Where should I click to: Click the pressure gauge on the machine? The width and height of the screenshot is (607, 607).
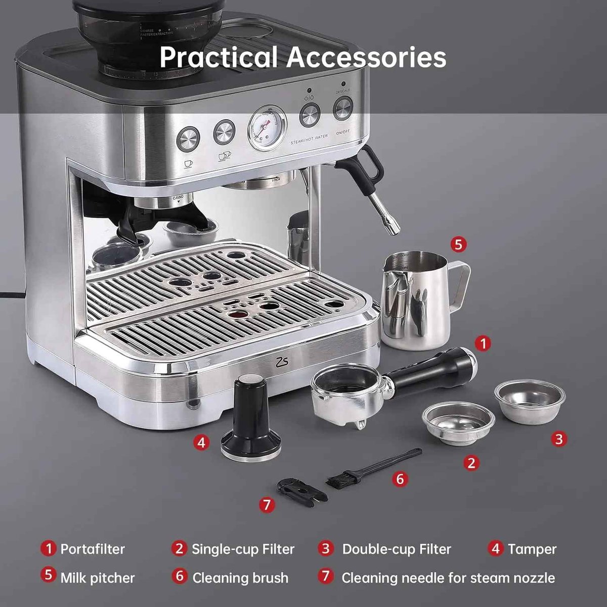tap(267, 128)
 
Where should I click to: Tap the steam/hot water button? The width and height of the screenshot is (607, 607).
tap(310, 115)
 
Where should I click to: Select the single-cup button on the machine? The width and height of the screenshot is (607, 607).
tap(188, 138)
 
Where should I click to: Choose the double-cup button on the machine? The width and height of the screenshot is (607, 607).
tap(224, 133)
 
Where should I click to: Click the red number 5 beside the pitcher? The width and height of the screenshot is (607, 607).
tap(458, 245)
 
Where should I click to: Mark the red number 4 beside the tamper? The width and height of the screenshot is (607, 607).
tap(201, 443)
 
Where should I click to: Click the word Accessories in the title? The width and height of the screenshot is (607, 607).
tap(366, 57)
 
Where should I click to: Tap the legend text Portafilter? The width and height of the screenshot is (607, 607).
tap(92, 549)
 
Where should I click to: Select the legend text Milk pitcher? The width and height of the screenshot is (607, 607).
tap(98, 578)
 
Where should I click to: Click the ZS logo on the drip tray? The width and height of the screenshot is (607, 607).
tap(281, 362)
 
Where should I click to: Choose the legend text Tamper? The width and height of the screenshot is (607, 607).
tap(532, 549)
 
